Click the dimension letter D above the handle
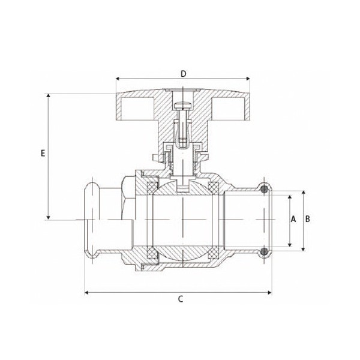pyautogui.click(x=183, y=74)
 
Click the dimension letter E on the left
pyautogui.click(x=43, y=153)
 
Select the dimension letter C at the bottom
pyautogui.click(x=181, y=299)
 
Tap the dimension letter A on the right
pyautogui.click(x=293, y=219)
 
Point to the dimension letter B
pyautogui.click(x=307, y=219)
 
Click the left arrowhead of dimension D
pyautogui.click(x=118, y=79)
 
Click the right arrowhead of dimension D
pyautogui.click(x=248, y=79)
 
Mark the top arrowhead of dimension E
pyautogui.click(x=48, y=95)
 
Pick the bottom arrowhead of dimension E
pyautogui.click(x=48, y=218)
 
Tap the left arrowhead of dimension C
pyautogui.click(x=86, y=293)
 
